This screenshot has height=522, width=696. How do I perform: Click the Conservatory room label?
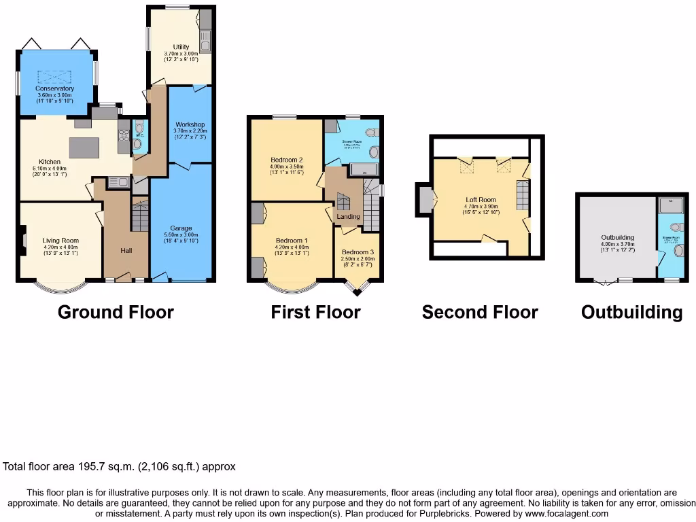56,88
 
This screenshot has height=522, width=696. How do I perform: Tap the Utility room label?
181,47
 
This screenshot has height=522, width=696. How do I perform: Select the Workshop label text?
190,125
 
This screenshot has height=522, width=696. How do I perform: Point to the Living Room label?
61,240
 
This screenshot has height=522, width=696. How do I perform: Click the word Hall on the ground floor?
126,251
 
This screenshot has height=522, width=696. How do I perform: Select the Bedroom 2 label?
286,160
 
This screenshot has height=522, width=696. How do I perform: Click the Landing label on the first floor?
349,217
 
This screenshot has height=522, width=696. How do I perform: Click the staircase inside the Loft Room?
523,195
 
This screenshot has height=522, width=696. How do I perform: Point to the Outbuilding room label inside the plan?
617,238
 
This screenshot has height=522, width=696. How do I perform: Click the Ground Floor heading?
116,312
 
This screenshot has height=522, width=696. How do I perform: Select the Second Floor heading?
480,312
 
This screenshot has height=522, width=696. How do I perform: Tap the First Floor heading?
315,312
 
